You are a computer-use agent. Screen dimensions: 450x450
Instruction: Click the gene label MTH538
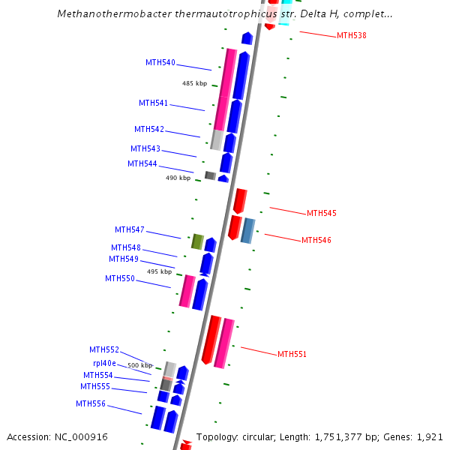click(x=351, y=35)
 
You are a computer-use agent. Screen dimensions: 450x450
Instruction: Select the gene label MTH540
click(x=160, y=62)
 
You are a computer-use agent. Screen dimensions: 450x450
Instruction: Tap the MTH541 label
click(x=153, y=103)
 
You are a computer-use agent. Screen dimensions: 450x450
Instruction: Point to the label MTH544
click(x=142, y=163)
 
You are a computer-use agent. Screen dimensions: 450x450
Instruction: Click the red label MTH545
click(x=321, y=213)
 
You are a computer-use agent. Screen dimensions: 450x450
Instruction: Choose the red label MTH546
click(x=316, y=240)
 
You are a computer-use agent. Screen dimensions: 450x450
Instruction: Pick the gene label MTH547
click(x=130, y=229)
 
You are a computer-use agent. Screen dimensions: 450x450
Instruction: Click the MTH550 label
click(x=120, y=278)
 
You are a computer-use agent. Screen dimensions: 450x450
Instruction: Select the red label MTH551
click(x=292, y=354)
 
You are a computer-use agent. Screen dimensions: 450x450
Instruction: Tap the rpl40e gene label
click(x=104, y=363)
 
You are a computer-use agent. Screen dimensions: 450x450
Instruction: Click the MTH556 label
click(x=91, y=403)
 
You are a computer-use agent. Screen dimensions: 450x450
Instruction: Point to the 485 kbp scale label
click(x=194, y=83)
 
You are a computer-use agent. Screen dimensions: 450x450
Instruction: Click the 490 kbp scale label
click(x=178, y=178)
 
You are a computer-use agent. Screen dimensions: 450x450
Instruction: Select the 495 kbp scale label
click(x=159, y=271)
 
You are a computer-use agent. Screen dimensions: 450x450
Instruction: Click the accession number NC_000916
click(x=80, y=436)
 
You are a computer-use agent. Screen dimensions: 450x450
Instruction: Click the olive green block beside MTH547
click(x=197, y=241)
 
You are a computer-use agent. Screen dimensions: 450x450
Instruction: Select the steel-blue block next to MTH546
click(x=247, y=230)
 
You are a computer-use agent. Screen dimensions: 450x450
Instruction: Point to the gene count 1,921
click(x=430, y=436)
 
